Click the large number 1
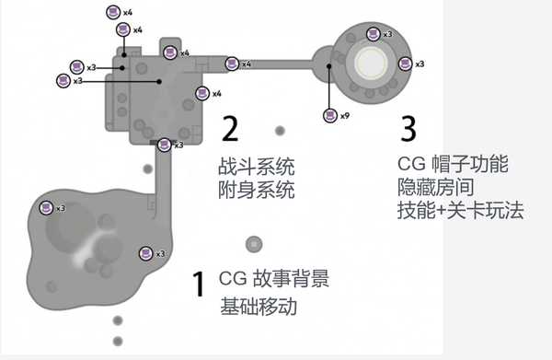pos(197,285)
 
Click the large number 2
pos(230,127)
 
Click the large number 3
pos(409,127)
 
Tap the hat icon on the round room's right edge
pos(405,63)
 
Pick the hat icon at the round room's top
pos(373,34)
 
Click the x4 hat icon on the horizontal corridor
pos(231,64)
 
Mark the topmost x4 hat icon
pos(111,12)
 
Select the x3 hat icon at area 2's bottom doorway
pos(165,144)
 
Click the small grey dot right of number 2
pos(280,131)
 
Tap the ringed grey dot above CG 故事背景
pos(252,244)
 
